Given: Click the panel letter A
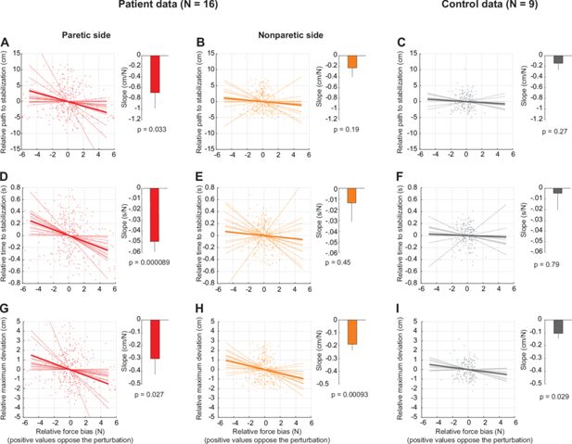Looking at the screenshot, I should (6, 43).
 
